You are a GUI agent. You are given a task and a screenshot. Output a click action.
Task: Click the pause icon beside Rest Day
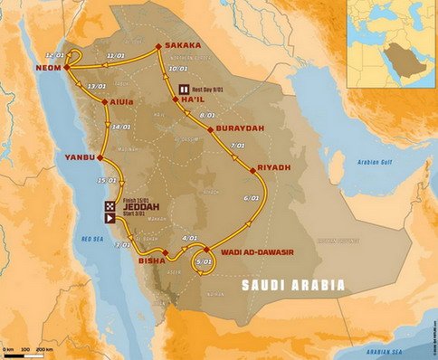pos(185,89)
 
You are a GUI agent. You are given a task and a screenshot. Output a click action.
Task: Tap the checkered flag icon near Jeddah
pos(109,205)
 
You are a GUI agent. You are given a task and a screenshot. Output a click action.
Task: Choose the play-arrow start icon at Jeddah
pos(109,217)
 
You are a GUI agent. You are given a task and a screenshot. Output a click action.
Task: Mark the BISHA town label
pos(151,261)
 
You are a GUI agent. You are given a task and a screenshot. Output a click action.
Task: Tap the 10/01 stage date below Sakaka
pos(178,69)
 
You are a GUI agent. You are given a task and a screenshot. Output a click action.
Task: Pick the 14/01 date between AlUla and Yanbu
pos(120,127)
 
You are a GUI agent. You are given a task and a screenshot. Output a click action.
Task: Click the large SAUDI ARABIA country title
pos(292,285)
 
